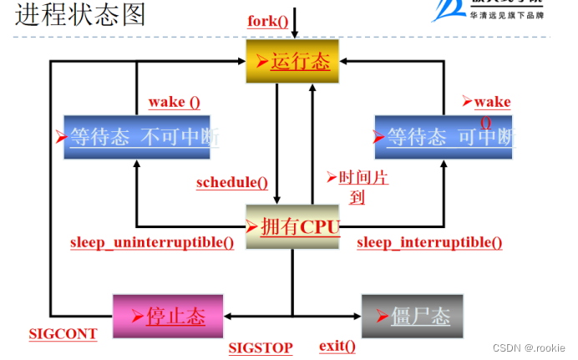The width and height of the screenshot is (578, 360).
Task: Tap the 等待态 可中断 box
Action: [x=443, y=137]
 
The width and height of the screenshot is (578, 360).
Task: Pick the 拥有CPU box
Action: [x=293, y=226]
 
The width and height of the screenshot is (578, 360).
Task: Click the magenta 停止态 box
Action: [x=168, y=316]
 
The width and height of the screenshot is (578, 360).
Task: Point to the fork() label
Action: [x=268, y=20]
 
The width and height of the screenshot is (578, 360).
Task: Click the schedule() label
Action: [x=232, y=183]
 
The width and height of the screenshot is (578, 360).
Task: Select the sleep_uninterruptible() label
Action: [x=152, y=243]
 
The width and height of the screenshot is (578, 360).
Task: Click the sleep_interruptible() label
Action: [x=429, y=243]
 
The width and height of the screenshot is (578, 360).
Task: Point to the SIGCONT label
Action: [x=63, y=334]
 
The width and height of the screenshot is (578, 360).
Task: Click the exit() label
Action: [x=337, y=347]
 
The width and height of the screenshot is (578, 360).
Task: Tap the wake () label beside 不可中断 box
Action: [x=174, y=103]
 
